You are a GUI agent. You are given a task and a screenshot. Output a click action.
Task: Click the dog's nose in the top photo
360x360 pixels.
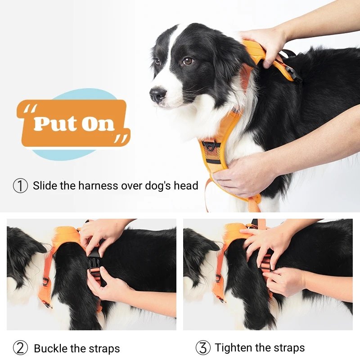pos(157,94)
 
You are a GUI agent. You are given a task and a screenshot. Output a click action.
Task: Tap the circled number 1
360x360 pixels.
pos(20,185)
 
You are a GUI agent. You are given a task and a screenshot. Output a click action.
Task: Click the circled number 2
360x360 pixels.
pos(20,348)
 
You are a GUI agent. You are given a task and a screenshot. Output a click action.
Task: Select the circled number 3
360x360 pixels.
pos(203,347)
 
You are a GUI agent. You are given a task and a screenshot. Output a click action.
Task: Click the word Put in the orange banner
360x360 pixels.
pos(54,123)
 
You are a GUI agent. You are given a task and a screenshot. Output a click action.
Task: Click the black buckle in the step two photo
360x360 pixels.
pos(94,265)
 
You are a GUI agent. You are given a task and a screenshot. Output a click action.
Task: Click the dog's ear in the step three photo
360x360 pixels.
pos(200,248)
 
